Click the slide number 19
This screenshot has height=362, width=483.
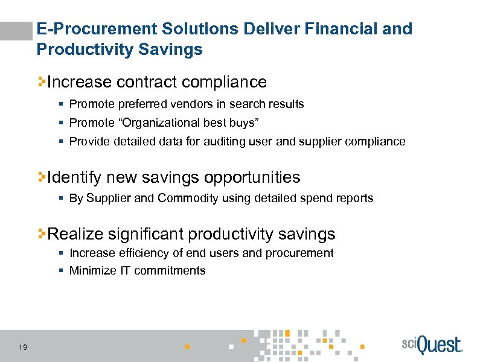click(22, 347)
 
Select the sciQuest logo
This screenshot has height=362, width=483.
click(431, 346)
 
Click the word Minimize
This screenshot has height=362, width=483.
click(91, 271)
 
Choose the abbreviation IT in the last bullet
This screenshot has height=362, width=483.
click(123, 271)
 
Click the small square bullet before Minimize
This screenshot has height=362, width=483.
click(61, 271)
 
